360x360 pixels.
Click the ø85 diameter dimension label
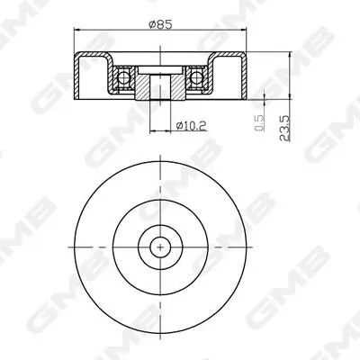pos(160,24)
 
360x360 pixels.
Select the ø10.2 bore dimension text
pos(192,126)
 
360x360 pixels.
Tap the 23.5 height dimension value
pos(284,128)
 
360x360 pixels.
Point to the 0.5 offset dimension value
pos(259,123)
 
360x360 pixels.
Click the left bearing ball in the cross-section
pos(122,77)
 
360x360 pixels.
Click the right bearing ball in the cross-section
pos(195,77)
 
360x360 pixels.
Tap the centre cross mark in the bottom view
pos(160,247)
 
